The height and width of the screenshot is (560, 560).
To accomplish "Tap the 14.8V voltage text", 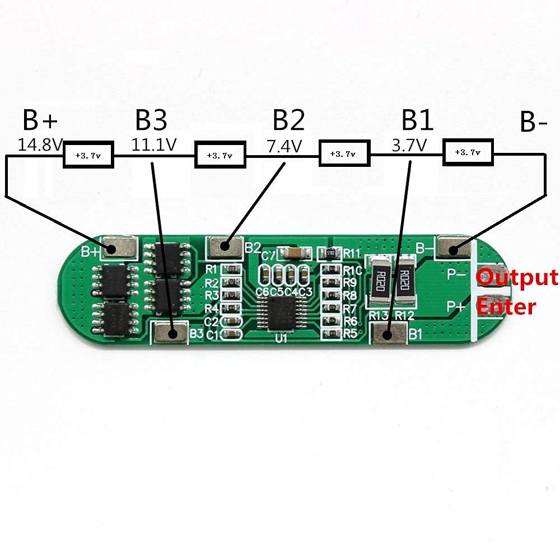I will (40, 145).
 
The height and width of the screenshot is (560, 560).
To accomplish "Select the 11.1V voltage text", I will (154, 145).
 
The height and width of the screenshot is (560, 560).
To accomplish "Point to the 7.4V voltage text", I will (284, 147).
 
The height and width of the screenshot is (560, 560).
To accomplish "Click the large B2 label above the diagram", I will (288, 120).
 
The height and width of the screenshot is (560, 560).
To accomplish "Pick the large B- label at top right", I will (533, 123).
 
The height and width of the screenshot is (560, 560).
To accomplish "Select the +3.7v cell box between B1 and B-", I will (469, 152).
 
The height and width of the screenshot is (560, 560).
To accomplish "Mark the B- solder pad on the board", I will (454, 247).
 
